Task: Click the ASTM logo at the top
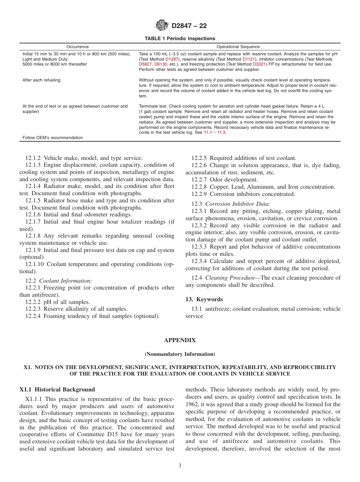point(162,26)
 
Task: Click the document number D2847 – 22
point(189,26)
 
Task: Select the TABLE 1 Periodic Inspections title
point(180,39)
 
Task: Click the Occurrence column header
point(77,47)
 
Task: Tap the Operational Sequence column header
point(238,47)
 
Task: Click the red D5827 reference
point(145,65)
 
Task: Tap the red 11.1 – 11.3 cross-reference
point(215,133)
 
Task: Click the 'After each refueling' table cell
point(41,80)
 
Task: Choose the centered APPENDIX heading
point(180,340)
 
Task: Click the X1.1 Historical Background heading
point(57,390)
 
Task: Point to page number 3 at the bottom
point(180,466)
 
